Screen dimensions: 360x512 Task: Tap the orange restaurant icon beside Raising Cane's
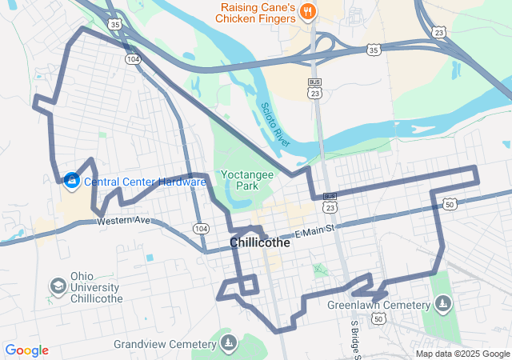click(x=310, y=11)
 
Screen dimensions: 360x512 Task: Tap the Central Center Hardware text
click(x=145, y=182)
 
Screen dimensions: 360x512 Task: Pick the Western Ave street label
click(x=124, y=220)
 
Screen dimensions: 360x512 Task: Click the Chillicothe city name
click(x=259, y=242)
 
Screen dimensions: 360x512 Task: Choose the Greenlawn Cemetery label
click(x=378, y=304)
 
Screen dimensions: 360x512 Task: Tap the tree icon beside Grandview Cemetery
click(x=229, y=344)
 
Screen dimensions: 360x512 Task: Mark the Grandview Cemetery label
click(x=165, y=344)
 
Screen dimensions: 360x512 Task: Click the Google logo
click(x=26, y=350)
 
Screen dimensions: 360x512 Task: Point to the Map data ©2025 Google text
click(x=462, y=354)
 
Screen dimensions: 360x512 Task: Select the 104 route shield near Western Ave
click(x=201, y=229)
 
